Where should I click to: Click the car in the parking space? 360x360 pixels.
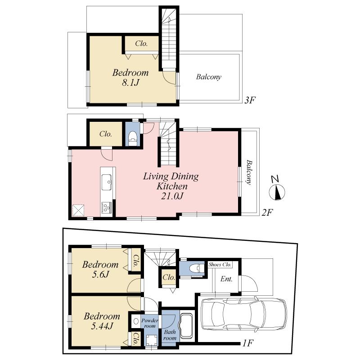coord(243,313)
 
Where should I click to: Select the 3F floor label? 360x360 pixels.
coord(250,100)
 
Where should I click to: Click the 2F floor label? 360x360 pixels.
coord(267,212)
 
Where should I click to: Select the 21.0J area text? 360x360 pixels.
coord(171,196)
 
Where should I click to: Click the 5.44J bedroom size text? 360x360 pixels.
coord(102,327)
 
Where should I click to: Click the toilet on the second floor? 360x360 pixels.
coord(133,137)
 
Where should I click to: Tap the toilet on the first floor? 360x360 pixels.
coord(193,269)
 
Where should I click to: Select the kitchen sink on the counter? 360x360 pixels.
coord(108,182)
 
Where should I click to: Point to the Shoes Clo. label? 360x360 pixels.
coord(220,264)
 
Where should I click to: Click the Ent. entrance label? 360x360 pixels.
coord(226,279)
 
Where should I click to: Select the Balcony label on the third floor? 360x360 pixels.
coord(208,77)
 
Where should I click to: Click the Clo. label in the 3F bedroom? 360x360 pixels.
coord(141,44)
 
